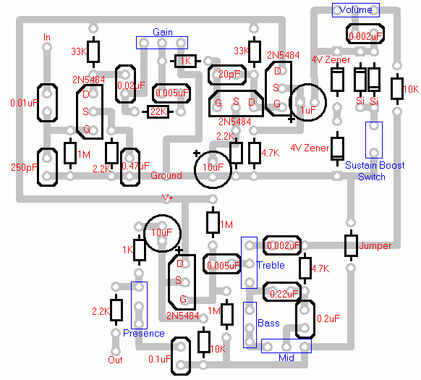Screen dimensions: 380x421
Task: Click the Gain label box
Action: pos(161,33)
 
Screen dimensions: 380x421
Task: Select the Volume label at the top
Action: pos(355,9)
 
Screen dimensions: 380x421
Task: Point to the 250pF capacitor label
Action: pos(24,167)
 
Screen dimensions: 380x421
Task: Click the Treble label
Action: pos(270,265)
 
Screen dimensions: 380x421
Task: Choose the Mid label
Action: pos(287,358)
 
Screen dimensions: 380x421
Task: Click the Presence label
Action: pos(143,334)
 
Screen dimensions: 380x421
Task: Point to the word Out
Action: pos(115,360)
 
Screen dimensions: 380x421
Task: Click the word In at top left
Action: pos(47,37)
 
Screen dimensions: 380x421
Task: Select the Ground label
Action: pos(166,176)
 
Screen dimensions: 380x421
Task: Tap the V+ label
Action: pos(168,198)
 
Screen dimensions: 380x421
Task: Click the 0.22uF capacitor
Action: pos(281,295)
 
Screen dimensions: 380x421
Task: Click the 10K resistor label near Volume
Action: pos(410,89)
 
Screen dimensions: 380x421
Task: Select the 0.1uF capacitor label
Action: pos(160,358)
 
